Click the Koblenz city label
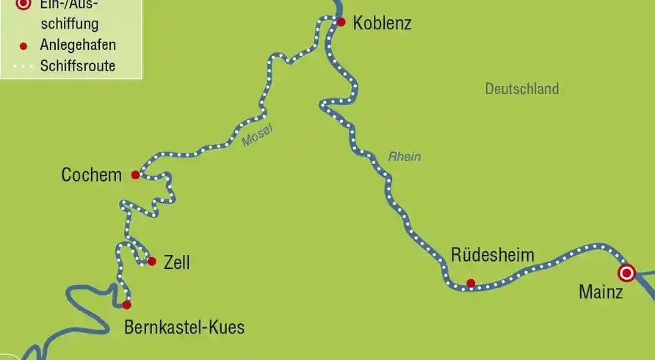click(x=382, y=23)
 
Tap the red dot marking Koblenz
click(x=341, y=22)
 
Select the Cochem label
click(x=91, y=175)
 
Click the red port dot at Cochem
click(x=135, y=175)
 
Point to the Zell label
click(x=177, y=262)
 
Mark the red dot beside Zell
click(x=152, y=261)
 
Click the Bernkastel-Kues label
click(x=184, y=327)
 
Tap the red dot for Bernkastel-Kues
click(x=126, y=304)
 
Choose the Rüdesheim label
click(x=493, y=256)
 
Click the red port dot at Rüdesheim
click(x=471, y=283)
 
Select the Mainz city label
click(x=601, y=292)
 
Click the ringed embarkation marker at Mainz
click(x=626, y=273)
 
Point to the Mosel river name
click(x=257, y=134)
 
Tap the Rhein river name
click(x=404, y=156)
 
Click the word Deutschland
click(x=521, y=89)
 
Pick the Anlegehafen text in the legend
click(x=78, y=45)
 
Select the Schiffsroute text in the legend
click(x=78, y=66)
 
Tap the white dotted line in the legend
click(x=22, y=66)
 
